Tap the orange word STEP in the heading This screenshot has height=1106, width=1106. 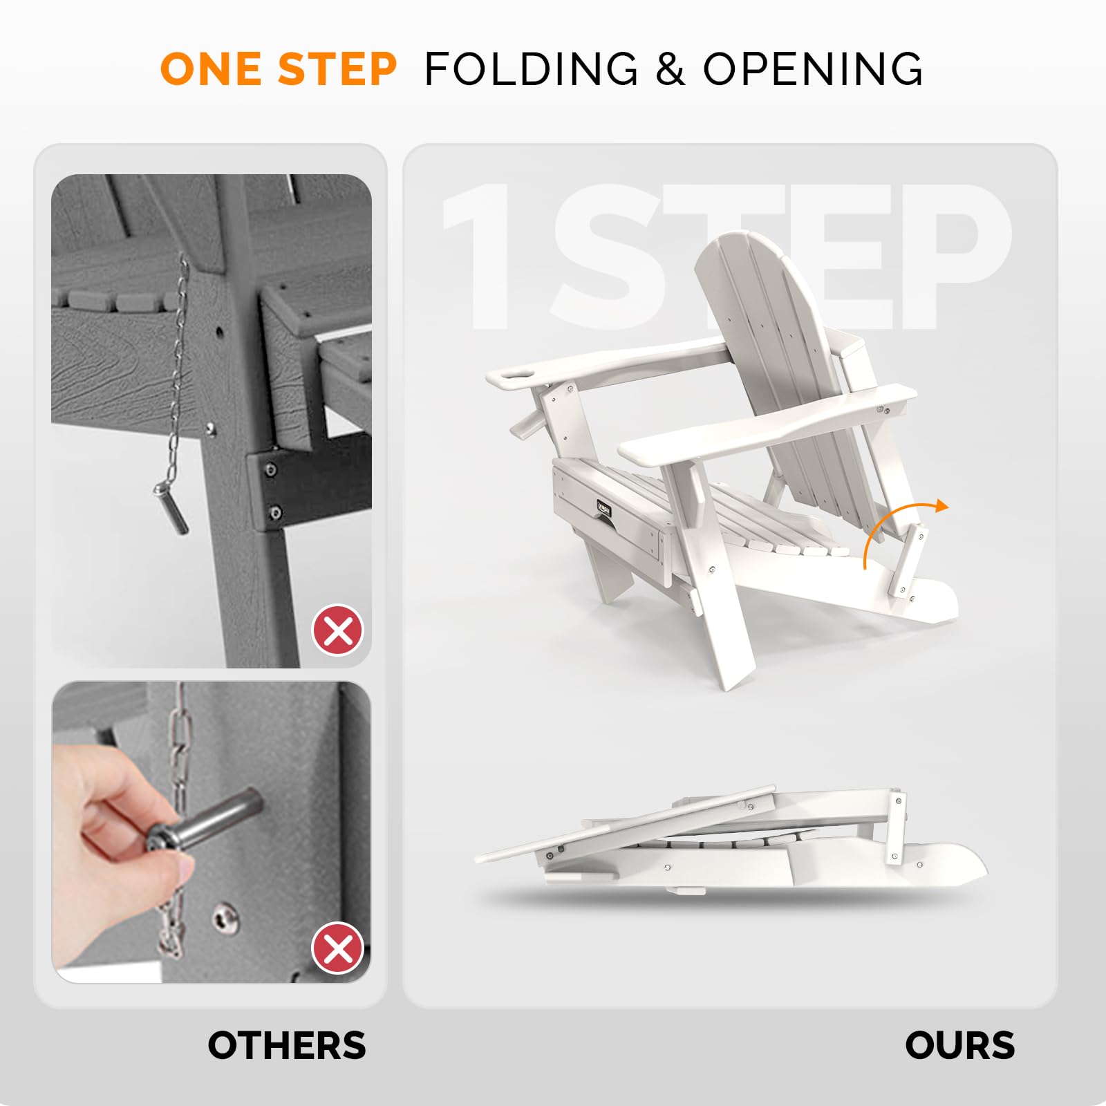338,69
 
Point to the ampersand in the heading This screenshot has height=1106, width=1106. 671,69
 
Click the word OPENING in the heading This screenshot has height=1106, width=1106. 813,69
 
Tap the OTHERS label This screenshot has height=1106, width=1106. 287,1045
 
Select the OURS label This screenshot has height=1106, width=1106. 960,1045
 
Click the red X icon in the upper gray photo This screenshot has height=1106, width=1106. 338,630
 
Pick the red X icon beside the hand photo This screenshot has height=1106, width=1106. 338,948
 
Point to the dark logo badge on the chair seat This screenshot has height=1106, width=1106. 604,509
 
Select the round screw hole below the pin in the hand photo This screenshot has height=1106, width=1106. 225,918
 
